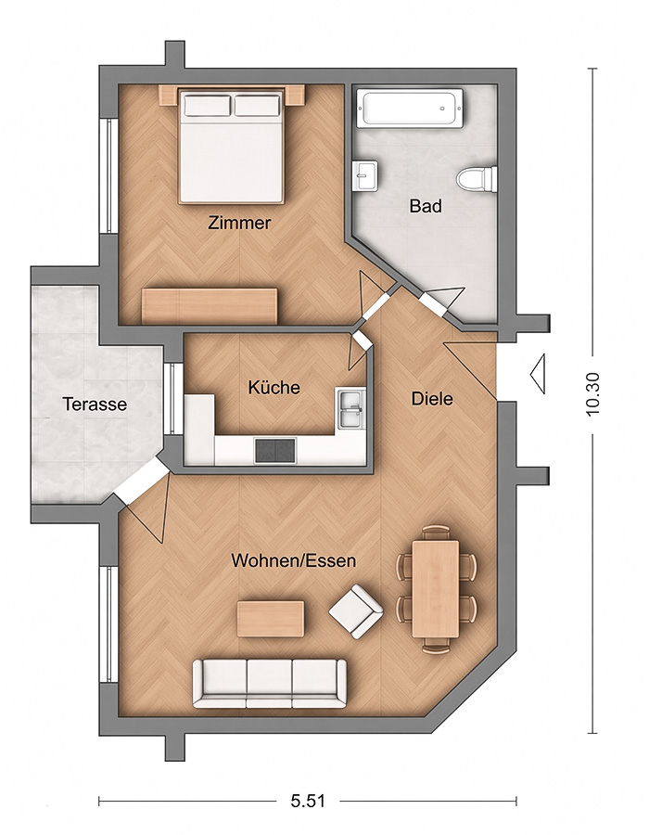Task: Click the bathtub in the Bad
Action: tap(409, 109)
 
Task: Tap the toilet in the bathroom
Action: tap(477, 178)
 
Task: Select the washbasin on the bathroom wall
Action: tap(365, 175)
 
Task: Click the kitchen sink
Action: tap(351, 408)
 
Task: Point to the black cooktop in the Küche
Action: tap(275, 451)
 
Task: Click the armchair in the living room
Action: tap(355, 611)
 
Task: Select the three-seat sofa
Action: tap(269, 684)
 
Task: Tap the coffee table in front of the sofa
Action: tap(271, 618)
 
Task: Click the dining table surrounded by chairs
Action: tap(436, 588)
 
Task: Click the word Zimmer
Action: tap(239, 223)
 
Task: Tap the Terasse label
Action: tap(95, 405)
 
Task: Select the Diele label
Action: tap(432, 399)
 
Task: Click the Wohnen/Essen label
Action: tap(294, 560)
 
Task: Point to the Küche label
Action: tap(274, 387)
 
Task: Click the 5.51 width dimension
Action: tap(308, 801)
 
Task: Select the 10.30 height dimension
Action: tap(592, 394)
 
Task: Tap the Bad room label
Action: tap(426, 206)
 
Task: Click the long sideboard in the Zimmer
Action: tap(210, 306)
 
